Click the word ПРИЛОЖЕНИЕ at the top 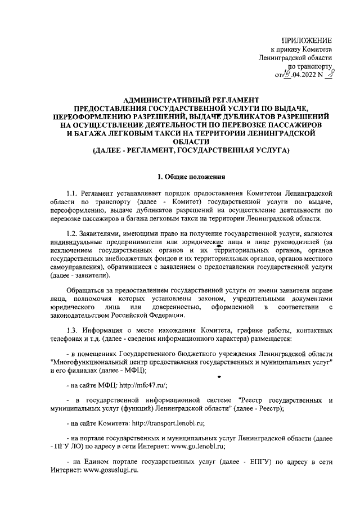(x=306, y=40)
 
